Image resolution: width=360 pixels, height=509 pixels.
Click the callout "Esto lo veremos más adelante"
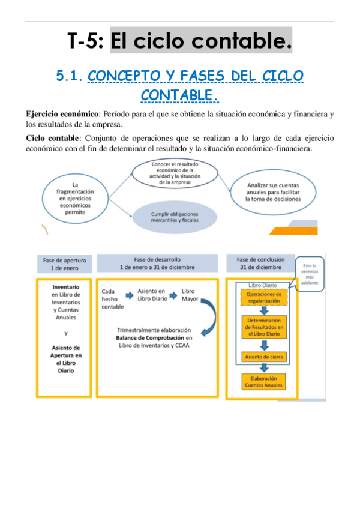tap(310, 273)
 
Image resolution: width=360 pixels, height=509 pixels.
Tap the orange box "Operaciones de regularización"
tap(265, 298)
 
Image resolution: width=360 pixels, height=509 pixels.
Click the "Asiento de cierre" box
tap(265, 357)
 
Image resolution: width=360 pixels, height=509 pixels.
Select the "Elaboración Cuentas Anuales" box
tap(265, 382)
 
